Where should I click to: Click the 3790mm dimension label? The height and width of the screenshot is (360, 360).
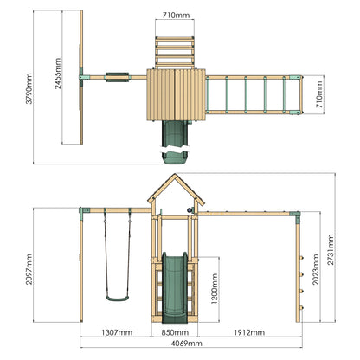click(x=29, y=88)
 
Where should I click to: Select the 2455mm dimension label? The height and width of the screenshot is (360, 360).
click(x=58, y=74)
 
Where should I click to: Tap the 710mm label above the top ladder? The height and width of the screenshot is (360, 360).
click(x=176, y=16)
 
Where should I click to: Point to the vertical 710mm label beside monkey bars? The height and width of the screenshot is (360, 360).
click(x=319, y=94)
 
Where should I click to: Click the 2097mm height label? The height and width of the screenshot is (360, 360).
click(x=29, y=269)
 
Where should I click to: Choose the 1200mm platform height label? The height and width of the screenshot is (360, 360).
click(x=215, y=289)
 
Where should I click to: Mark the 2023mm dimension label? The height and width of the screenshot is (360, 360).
click(x=316, y=269)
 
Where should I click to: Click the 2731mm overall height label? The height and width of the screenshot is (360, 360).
click(x=331, y=249)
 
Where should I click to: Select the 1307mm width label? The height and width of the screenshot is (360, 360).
click(x=117, y=332)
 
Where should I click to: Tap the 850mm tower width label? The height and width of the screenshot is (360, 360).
click(x=175, y=332)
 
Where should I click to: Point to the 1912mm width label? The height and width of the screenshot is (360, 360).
click(x=249, y=332)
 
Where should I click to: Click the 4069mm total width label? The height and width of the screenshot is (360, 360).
click(x=187, y=344)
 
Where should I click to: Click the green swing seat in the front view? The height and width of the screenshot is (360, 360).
click(x=117, y=299)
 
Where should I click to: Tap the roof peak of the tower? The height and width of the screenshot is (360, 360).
click(x=175, y=174)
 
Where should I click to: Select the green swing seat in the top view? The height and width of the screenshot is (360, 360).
click(x=117, y=77)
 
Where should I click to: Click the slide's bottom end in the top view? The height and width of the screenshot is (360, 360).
click(x=175, y=159)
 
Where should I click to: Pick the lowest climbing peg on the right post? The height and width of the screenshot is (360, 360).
click(x=302, y=308)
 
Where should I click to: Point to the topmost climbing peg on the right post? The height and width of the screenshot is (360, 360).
click(x=302, y=258)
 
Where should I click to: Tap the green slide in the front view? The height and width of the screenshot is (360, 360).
click(x=175, y=287)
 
